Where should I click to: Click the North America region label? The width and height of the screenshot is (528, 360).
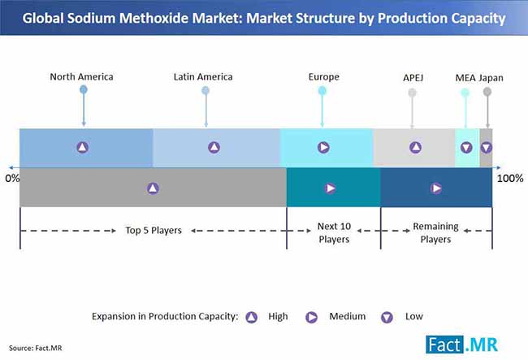(81, 77)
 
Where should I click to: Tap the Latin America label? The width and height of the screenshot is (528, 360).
(203, 77)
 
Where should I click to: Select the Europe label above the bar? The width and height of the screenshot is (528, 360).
(323, 77)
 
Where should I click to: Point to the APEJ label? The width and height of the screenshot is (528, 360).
(413, 78)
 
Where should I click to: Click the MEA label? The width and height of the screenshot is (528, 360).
(465, 78)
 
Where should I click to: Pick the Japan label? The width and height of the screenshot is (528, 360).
(491, 78)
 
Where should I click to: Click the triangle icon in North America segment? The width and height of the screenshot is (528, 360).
(82, 147)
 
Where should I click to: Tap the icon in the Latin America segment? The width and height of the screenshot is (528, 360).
(214, 147)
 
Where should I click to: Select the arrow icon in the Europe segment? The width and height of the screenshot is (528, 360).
(323, 147)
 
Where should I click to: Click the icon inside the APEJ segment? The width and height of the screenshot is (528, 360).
(415, 147)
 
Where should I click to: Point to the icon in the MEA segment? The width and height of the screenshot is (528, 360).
(466, 148)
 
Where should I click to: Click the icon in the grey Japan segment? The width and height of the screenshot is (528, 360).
(486, 148)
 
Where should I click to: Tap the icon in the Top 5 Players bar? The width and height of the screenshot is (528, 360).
(153, 188)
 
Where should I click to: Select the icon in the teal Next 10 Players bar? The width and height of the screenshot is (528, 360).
(331, 188)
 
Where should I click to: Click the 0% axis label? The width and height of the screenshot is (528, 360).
(12, 177)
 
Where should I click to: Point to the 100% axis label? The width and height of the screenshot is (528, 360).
(509, 177)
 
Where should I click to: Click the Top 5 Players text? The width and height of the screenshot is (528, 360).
(153, 230)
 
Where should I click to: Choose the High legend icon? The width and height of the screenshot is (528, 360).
(252, 316)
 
